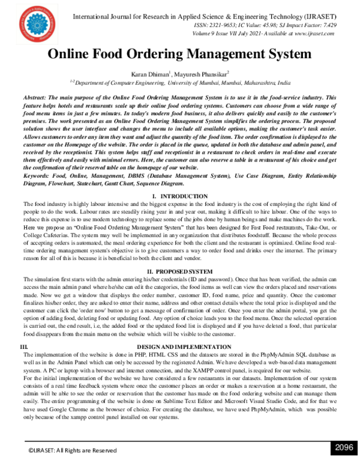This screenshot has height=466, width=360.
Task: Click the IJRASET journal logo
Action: tap(38, 22)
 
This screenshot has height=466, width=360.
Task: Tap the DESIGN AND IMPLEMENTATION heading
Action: tap(180, 347)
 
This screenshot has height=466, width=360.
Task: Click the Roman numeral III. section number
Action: tap(25, 347)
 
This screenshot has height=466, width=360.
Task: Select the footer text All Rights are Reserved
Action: tap(82, 450)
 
